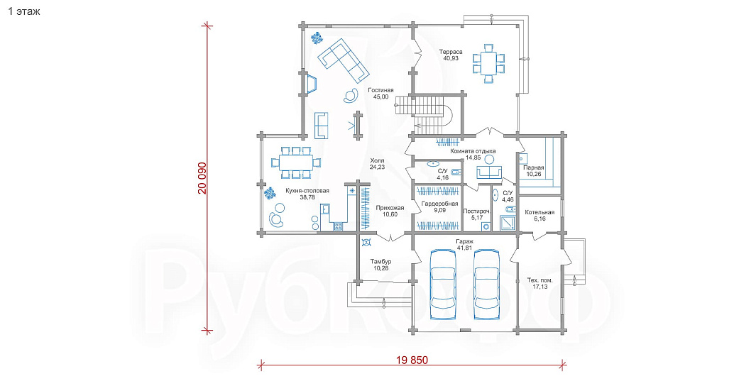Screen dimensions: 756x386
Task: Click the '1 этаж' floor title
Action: [23, 11]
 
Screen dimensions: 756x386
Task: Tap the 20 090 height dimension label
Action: [202, 178]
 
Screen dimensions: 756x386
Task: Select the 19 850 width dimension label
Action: [412, 360]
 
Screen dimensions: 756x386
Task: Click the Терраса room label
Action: [451, 52]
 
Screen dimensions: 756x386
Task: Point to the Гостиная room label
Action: [380, 90]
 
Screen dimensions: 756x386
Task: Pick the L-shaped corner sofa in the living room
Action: [344, 60]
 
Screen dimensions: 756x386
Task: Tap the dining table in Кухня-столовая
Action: [295, 162]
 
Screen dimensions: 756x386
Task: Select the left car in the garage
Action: [443, 284]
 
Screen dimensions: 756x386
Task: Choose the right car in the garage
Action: [488, 284]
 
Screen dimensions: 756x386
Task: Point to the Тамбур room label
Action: [380, 262]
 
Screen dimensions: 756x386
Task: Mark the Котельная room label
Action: [539, 212]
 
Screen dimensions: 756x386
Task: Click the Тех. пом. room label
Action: [540, 280]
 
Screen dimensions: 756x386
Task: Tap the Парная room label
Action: [534, 167]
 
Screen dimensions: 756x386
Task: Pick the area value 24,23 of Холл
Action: [377, 167]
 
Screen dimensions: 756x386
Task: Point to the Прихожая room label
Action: [390, 208]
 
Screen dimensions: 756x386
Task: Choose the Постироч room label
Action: [476, 211]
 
